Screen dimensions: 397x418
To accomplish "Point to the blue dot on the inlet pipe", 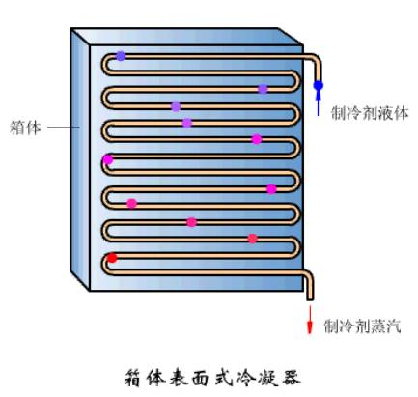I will click(x=319, y=86).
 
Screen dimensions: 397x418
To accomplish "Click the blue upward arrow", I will click(x=319, y=101).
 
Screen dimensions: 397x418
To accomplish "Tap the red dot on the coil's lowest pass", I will click(x=112, y=258).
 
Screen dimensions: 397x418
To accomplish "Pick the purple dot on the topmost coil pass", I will click(x=121, y=56).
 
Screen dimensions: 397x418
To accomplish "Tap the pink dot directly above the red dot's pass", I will click(x=253, y=238).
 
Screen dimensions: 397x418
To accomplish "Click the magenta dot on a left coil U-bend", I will click(x=108, y=159).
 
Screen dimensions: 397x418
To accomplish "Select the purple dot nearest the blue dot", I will click(x=263, y=89).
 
